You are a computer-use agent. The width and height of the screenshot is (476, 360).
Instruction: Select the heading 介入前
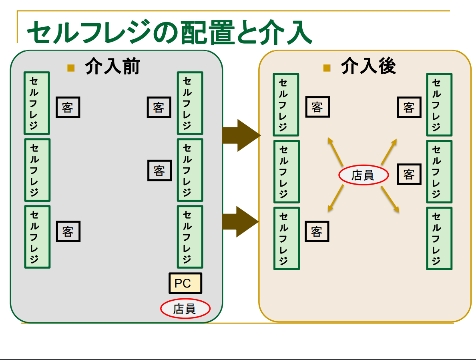[x=112, y=66]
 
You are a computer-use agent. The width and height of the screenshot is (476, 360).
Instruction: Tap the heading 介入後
[x=368, y=66]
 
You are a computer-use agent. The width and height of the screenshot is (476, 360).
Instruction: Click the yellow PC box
[x=185, y=283]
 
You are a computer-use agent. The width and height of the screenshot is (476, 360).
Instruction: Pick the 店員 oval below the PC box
[x=185, y=309]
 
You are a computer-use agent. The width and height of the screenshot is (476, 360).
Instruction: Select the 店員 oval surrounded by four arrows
[x=364, y=175]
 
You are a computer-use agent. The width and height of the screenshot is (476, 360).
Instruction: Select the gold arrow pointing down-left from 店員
[x=335, y=199]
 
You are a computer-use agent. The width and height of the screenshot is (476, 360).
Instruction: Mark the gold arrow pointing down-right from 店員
[x=390, y=199]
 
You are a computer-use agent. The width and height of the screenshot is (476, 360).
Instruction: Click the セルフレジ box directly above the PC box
[x=190, y=237]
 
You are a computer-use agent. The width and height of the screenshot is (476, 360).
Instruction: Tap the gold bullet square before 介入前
[x=71, y=67]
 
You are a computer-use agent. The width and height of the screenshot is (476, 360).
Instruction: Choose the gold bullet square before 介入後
[x=327, y=67]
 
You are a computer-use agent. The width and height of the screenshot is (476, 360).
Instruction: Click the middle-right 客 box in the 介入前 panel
[x=159, y=171]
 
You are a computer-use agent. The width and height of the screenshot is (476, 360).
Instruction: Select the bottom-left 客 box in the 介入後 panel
[x=317, y=232]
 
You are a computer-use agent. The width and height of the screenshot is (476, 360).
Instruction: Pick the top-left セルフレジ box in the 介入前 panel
[x=36, y=103]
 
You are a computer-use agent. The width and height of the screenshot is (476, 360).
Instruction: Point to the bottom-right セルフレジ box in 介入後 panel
[x=439, y=239]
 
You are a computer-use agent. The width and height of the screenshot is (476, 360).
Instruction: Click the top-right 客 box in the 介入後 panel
[x=409, y=107]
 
